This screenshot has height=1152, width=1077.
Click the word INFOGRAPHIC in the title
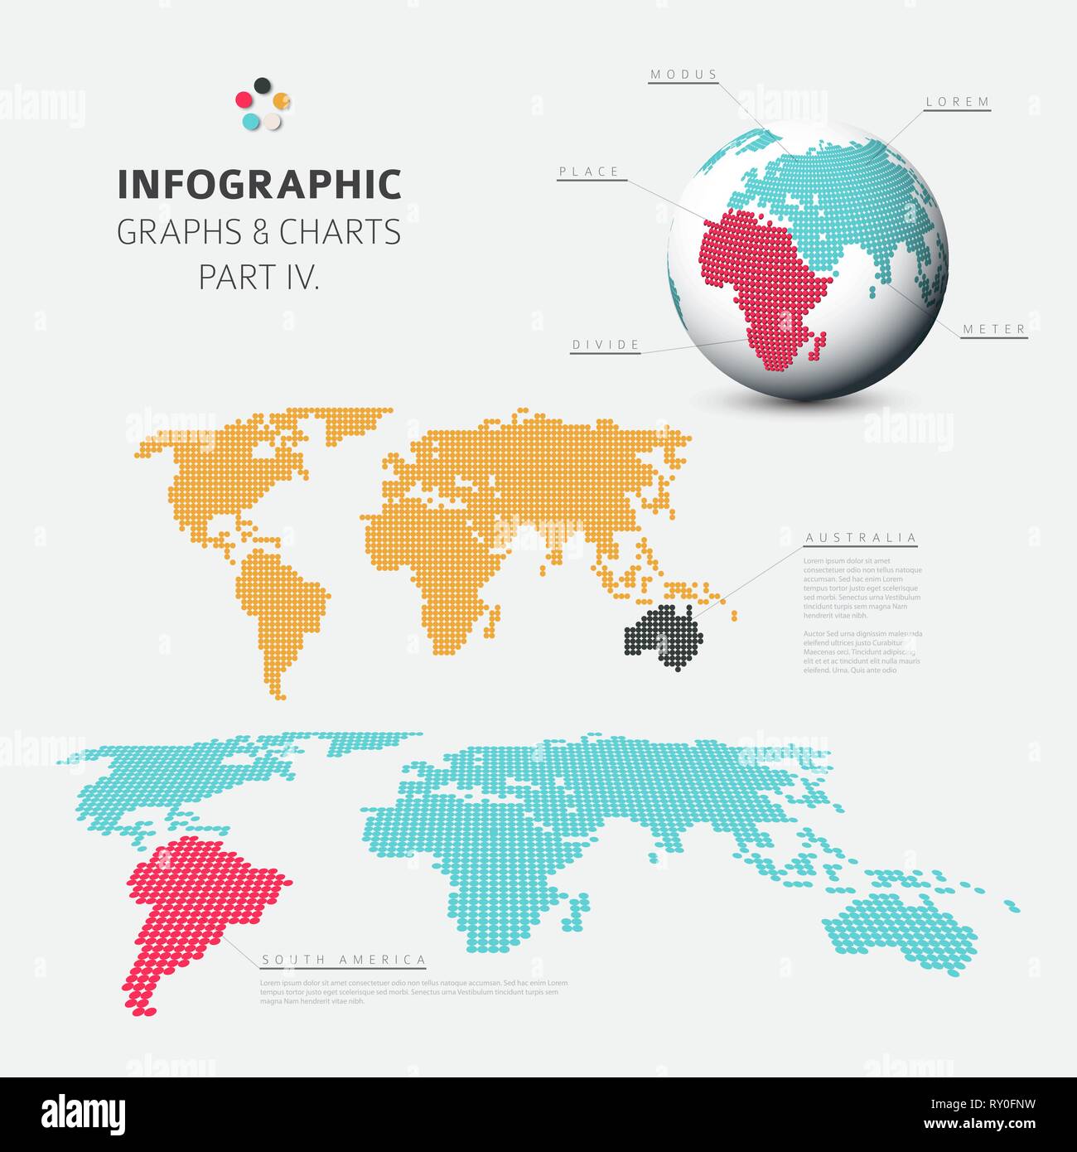[259, 185]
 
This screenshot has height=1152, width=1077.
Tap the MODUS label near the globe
[683, 75]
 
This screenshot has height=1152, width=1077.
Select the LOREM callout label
[958, 102]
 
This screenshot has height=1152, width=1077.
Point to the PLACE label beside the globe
[589, 172]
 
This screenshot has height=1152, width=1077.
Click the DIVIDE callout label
[606, 345]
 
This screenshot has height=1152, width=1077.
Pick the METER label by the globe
[994, 329]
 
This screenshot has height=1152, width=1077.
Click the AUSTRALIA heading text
[862, 538]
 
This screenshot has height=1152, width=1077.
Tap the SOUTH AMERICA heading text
[344, 960]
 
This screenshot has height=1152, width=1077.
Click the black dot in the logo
[263, 85]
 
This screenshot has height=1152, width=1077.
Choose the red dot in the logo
[244, 100]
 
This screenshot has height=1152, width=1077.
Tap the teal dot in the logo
[251, 121]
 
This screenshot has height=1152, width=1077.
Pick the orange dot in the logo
[282, 101]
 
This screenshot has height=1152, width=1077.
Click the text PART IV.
[259, 278]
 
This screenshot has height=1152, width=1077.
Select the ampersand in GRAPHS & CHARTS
[260, 233]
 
